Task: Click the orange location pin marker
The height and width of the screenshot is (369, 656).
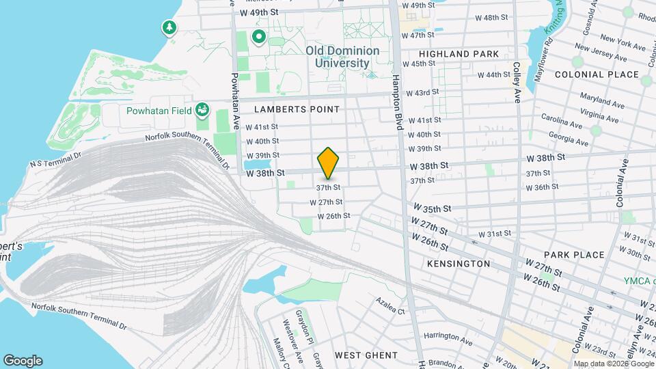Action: (329, 163)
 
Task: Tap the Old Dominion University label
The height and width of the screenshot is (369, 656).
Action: (342, 56)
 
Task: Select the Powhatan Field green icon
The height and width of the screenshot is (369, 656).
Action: (202, 110)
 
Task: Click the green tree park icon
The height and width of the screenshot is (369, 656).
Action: (168, 27)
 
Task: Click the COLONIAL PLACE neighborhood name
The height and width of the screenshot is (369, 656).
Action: (597, 74)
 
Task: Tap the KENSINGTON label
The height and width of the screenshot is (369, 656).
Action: (458, 263)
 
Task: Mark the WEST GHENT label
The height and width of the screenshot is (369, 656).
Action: (366, 355)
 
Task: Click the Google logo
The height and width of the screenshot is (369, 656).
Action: (23, 361)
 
